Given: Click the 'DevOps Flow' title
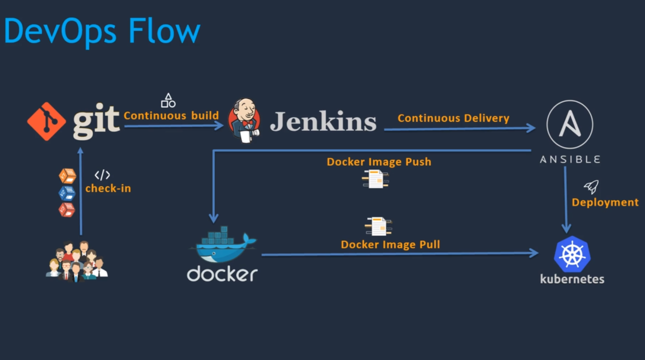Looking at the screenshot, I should pyautogui.click(x=102, y=31).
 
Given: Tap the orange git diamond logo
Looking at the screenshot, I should pyautogui.click(x=46, y=121).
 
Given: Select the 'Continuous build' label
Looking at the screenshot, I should pyautogui.click(x=171, y=116).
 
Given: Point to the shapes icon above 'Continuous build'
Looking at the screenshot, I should pyautogui.click(x=168, y=100).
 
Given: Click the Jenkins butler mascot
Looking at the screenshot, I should pyautogui.click(x=244, y=121).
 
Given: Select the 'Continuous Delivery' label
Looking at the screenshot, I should pyautogui.click(x=453, y=118).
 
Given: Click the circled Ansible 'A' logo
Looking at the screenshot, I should pyautogui.click(x=570, y=124).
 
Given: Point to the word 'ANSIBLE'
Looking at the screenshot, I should pyautogui.click(x=570, y=160).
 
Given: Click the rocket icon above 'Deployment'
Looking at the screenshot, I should pyautogui.click(x=591, y=187).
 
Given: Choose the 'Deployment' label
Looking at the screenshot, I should pyautogui.click(x=605, y=202).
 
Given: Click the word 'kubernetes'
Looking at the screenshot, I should pyautogui.click(x=572, y=279).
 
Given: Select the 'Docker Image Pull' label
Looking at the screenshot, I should pyautogui.click(x=390, y=245).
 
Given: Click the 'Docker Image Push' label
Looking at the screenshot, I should pyautogui.click(x=379, y=162).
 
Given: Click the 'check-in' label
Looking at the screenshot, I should pyautogui.click(x=108, y=188).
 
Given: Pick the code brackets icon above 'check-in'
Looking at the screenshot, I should pyautogui.click(x=102, y=175).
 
